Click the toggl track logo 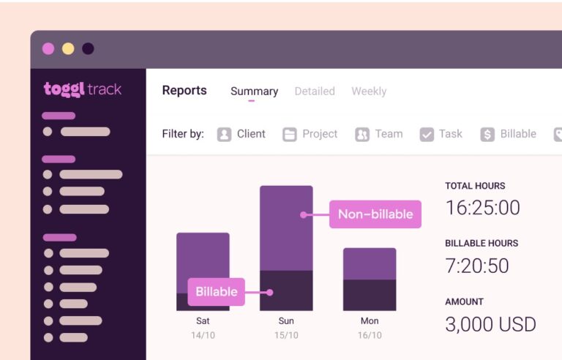tap(83, 89)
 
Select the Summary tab tap(254, 91)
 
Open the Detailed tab tap(315, 91)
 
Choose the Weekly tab tap(369, 91)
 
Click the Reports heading tap(184, 91)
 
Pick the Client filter tap(241, 134)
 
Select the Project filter tap(310, 134)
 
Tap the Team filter tap(379, 134)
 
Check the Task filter tap(441, 134)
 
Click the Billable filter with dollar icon tap(509, 134)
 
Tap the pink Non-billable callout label tap(375, 214)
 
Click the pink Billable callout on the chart tap(217, 291)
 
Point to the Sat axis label tap(203, 320)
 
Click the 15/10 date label tap(286, 335)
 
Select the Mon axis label tap(370, 320)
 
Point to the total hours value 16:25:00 tap(482, 208)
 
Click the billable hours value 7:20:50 tap(477, 266)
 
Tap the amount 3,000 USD tap(490, 323)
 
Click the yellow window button tap(68, 49)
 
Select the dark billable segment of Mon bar tap(370, 295)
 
